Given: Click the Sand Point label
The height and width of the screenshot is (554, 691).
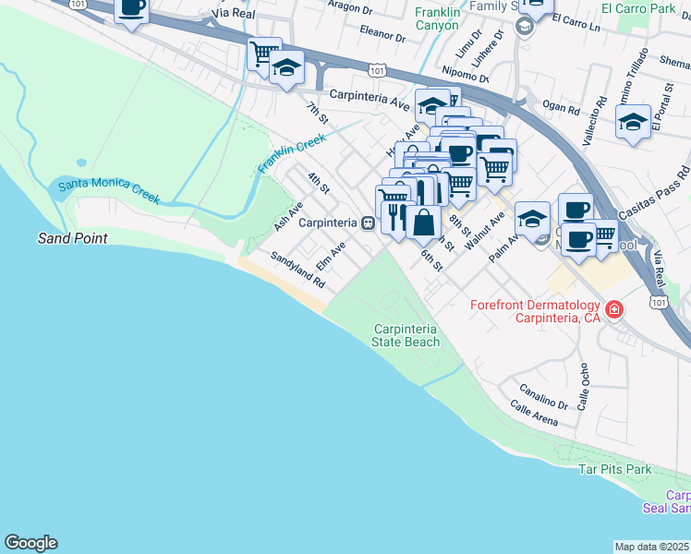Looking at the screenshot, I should point(72,238).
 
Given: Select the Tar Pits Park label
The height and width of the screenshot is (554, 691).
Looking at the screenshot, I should point(614,470).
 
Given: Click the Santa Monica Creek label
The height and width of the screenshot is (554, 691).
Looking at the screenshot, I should point(109,191).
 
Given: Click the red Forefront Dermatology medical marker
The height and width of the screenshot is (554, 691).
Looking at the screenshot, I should point(613,309).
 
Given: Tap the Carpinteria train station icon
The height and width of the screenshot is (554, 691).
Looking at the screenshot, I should point(367,223).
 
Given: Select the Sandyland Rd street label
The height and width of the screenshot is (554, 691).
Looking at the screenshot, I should point(297,269).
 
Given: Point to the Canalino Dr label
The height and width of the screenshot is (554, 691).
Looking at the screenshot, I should point(543,395).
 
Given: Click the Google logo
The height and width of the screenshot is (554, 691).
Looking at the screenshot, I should point(30,543).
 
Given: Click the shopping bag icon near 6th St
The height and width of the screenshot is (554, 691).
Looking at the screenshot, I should point(424,222).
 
